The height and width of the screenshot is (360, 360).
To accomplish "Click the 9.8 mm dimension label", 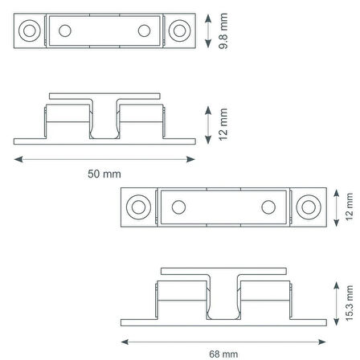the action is pyautogui.click(x=223, y=31).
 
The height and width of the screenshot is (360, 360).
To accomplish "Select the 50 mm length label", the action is pyautogui.click(x=104, y=174).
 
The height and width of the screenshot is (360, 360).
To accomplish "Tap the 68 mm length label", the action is pyautogui.click(x=223, y=354).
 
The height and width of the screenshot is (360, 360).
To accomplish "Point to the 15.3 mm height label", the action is pyautogui.click(x=350, y=303).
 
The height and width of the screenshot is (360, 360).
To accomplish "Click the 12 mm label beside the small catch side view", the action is pyautogui.click(x=223, y=125).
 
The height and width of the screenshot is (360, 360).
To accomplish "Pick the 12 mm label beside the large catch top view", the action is pyautogui.click(x=350, y=207).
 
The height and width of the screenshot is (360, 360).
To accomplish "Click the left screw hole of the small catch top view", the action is pyautogui.click(x=30, y=31).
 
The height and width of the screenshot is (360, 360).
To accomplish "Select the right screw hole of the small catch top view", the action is pyautogui.click(x=179, y=31).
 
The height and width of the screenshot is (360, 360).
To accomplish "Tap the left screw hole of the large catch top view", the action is pyautogui.click(x=138, y=207).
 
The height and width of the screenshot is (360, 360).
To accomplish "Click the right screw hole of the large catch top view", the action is pyautogui.click(x=309, y=207).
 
